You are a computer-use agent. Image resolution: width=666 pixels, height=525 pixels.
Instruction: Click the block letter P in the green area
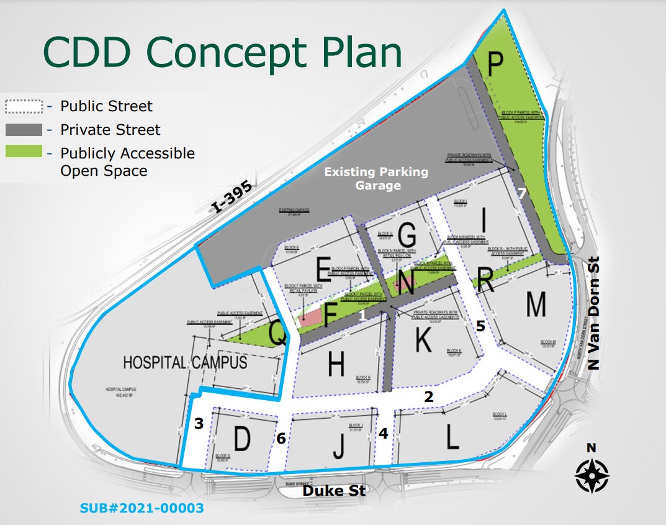[x=495, y=63]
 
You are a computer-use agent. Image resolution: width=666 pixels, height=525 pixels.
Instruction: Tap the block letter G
[x=407, y=235]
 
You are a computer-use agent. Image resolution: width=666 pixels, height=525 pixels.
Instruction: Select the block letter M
[x=536, y=304]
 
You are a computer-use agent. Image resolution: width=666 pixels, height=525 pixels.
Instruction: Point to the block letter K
[x=423, y=339]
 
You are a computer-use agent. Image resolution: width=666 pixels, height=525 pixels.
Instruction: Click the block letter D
[x=241, y=439]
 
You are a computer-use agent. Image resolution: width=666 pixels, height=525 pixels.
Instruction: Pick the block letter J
[x=338, y=445]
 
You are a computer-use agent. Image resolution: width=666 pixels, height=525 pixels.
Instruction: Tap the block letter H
[x=336, y=364]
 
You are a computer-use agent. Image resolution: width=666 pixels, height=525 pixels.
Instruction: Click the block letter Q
[x=278, y=336]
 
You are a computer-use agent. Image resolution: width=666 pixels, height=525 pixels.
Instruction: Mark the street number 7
[x=522, y=194]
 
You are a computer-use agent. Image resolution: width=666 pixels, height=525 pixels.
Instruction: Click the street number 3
[x=199, y=424]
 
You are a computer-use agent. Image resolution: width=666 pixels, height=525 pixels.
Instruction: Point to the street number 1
[x=362, y=316]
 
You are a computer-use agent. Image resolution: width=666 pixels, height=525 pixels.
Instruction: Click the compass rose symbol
[x=592, y=476]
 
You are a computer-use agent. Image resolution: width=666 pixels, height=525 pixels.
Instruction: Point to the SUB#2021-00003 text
[x=142, y=508]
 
